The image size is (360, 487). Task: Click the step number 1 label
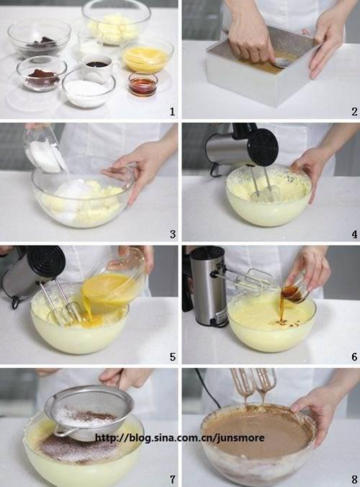(172, 112)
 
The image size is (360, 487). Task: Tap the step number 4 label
(354, 234)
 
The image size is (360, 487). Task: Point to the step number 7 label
(172, 479)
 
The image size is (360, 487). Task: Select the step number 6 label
(354, 357)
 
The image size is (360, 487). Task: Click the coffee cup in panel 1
(100, 66)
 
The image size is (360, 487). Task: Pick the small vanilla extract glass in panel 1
(143, 84)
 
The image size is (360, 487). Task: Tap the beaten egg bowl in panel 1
(147, 55)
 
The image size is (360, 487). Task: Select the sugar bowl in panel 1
(89, 88)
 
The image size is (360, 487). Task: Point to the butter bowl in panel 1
(116, 22)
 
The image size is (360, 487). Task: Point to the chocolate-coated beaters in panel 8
(253, 385)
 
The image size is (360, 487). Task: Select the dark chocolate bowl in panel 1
(40, 38)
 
